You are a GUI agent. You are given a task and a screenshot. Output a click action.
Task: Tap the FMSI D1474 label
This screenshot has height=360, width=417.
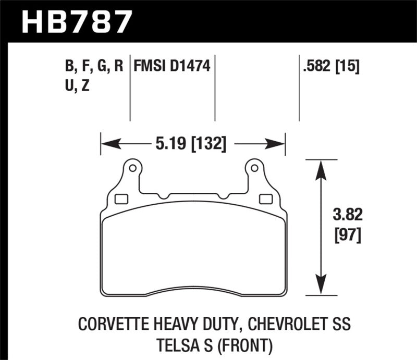(172, 67)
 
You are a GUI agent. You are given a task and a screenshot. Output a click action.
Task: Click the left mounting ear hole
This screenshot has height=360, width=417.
(132, 168)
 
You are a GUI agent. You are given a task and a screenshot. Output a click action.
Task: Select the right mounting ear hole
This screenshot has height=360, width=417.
(254, 168)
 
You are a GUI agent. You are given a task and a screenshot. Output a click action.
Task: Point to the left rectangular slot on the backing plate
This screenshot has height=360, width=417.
(120, 198)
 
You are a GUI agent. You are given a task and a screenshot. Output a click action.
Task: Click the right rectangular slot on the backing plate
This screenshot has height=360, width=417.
(265, 198)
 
